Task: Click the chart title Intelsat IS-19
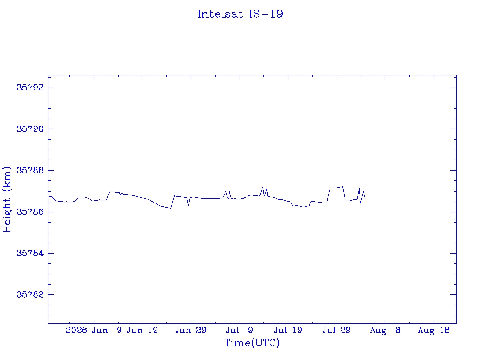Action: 240,14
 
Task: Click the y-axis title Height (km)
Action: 7,199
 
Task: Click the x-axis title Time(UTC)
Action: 252,343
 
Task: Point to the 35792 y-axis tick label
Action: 30,88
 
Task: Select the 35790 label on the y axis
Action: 30,129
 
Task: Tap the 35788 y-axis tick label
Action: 30,170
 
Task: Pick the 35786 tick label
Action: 30,212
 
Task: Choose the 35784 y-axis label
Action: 30,253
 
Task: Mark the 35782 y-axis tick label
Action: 30,294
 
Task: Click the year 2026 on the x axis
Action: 76,330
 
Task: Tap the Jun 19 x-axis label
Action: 142,330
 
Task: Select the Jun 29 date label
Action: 191,330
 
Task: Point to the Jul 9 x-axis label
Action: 240,330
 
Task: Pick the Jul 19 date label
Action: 288,330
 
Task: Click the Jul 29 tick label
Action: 337,330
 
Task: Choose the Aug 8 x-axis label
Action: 385,330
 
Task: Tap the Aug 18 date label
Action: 434,330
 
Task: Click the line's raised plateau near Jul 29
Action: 336,187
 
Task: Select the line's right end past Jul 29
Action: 365,199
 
